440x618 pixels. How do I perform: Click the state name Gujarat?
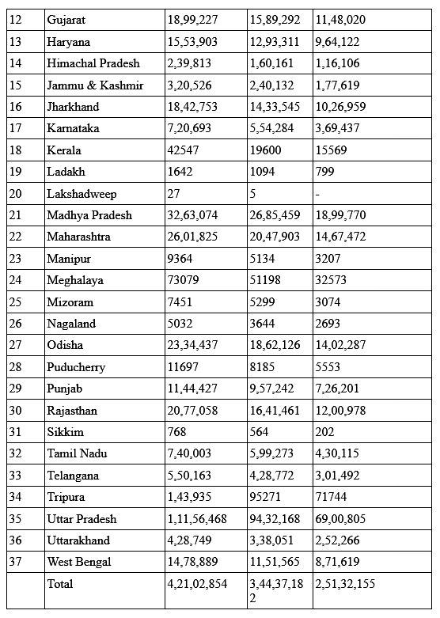(67, 19)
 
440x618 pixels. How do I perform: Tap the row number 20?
(16, 193)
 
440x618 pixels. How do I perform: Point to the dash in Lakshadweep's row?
(317, 193)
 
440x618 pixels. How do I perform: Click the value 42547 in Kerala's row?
(185, 150)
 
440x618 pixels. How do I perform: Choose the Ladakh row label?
(65, 172)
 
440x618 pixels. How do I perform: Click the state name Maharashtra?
(78, 237)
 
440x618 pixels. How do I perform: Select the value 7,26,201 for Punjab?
(339, 389)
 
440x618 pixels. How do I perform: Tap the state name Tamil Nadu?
(76, 453)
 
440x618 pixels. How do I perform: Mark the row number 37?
(16, 562)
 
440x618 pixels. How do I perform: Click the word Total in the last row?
(60, 584)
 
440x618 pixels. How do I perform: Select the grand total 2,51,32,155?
(344, 584)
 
